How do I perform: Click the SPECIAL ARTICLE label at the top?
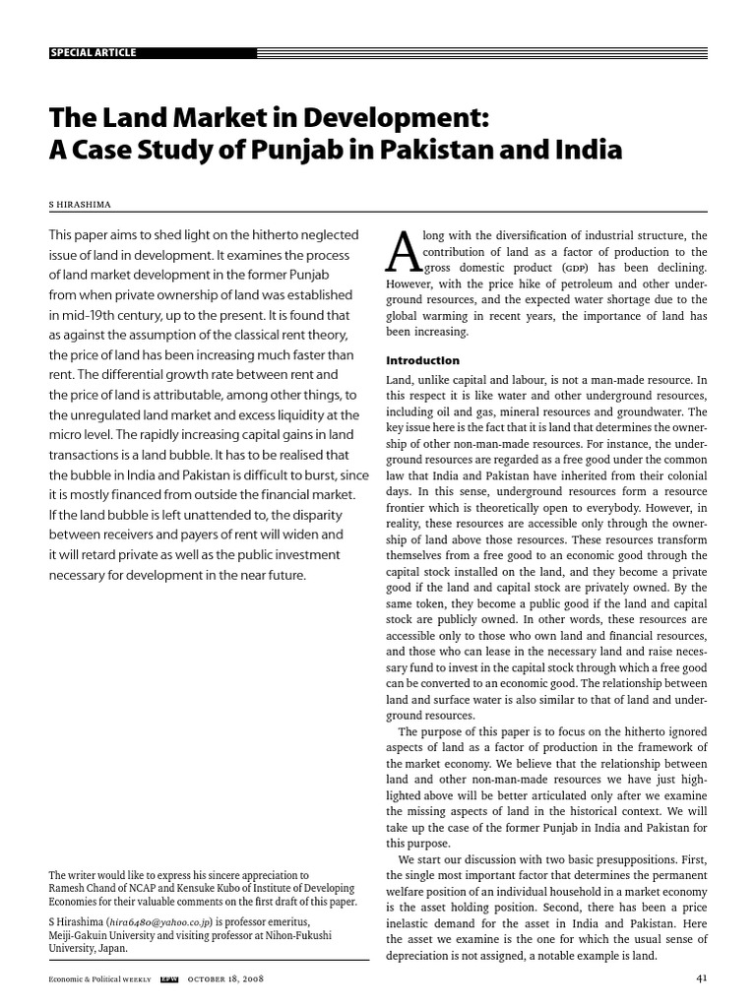click(94, 52)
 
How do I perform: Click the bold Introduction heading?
click(421, 360)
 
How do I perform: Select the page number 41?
click(700, 979)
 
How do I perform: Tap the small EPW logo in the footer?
click(168, 980)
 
